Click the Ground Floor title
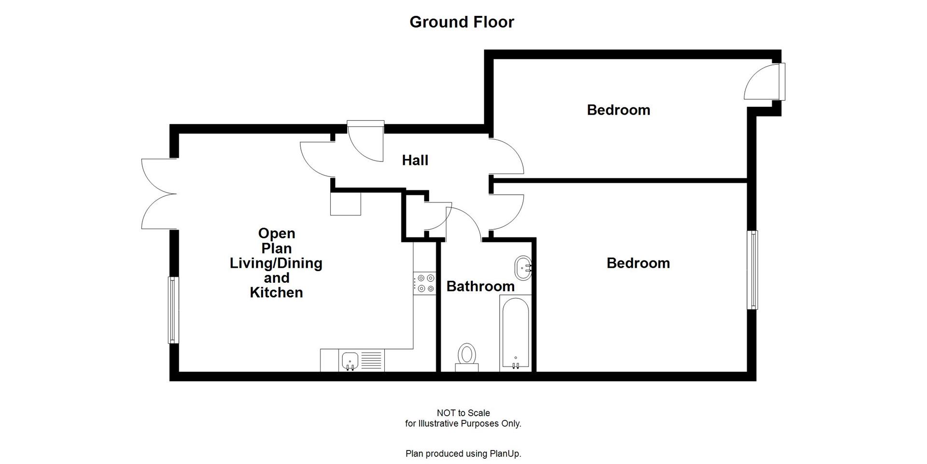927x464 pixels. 462,22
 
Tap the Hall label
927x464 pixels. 415,160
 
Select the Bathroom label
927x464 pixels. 480,287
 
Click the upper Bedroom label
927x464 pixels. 618,110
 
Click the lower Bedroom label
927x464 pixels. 638,263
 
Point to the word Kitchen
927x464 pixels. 276,293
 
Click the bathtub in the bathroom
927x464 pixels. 515,333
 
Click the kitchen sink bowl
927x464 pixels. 350,361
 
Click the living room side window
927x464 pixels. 173,310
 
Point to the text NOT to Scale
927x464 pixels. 463,413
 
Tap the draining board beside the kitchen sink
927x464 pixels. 371,361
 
